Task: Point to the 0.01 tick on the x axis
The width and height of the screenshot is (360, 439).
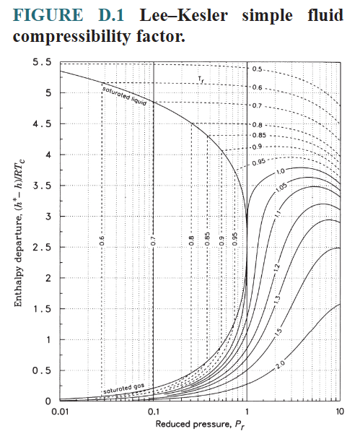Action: pos(60,411)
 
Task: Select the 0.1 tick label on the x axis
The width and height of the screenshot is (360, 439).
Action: pos(154,411)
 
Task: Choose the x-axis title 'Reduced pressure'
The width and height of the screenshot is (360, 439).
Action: pos(201,424)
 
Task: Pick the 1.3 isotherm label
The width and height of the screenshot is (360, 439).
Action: pos(278,299)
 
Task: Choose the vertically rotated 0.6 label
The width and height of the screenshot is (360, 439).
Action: pos(102,242)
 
